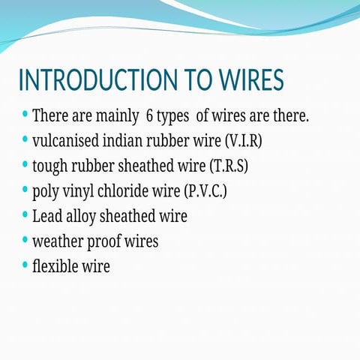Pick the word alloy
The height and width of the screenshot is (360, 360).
point(82,216)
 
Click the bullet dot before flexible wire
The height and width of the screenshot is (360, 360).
point(25,265)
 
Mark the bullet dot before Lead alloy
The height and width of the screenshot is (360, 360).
point(25,215)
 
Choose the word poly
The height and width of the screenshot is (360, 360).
point(46,190)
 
